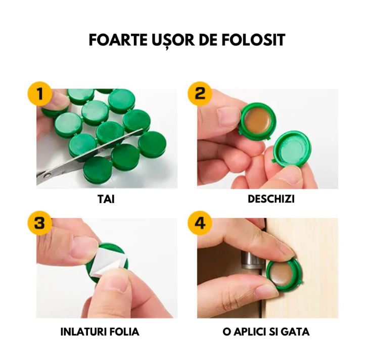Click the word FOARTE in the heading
click(118, 40)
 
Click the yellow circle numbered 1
click(39, 94)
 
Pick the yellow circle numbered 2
click(200, 94)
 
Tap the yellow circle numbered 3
click(39, 223)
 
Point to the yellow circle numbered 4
click(200, 223)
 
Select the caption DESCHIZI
click(271, 199)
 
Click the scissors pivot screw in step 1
click(48, 175)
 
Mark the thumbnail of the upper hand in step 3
click(83, 246)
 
